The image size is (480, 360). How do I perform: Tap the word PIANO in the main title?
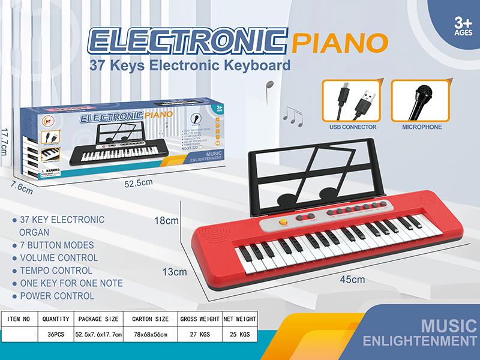[338, 43]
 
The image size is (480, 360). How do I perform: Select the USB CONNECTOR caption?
[353, 127]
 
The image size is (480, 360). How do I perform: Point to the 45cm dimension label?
[353, 279]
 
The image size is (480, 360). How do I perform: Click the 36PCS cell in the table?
[56, 334]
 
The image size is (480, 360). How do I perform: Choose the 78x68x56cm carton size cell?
[150, 334]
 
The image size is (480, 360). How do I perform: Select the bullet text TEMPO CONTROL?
[56, 271]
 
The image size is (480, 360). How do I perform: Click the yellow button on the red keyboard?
[284, 223]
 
